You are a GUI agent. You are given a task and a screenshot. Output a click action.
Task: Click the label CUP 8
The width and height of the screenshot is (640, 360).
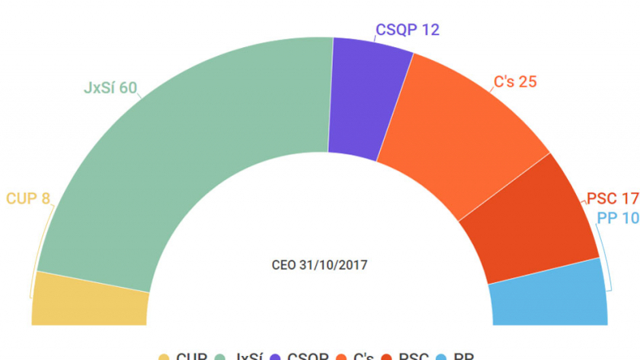coord(29,198)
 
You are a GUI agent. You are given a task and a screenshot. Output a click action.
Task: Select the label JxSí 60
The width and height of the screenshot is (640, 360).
coord(110,87)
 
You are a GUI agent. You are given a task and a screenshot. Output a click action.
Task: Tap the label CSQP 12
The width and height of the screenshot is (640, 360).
coord(407,30)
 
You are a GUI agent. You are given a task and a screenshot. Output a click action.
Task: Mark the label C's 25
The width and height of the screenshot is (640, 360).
coord(514,81)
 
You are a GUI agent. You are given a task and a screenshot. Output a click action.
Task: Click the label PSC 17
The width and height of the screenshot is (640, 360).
coord(613,198)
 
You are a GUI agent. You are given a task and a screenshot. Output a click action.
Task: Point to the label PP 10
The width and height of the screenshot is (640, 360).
coord(618,218)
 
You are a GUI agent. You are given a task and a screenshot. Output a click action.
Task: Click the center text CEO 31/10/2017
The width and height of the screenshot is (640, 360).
coord(319,263)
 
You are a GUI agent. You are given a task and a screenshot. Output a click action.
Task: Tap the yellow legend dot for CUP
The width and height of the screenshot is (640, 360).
coord(164,358)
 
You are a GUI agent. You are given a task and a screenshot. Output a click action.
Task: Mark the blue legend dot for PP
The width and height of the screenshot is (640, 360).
coord(450,358)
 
